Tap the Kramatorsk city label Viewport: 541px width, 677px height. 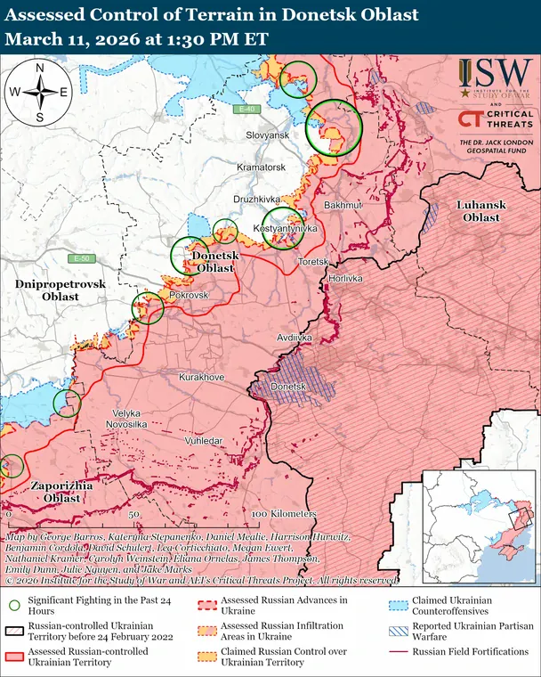tap(261, 167)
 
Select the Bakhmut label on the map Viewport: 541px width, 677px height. tap(343, 205)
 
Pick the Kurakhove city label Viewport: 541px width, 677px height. tap(202, 378)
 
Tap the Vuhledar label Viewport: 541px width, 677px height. tap(205, 441)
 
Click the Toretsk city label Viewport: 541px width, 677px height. tap(313, 262)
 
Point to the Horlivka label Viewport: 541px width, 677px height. tap(346, 278)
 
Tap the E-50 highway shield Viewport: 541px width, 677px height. tap(83, 258)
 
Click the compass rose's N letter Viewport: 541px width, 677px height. tap(39, 67)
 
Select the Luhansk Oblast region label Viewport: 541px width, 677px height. tap(480, 211)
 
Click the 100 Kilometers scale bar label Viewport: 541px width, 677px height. tap(284, 515)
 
